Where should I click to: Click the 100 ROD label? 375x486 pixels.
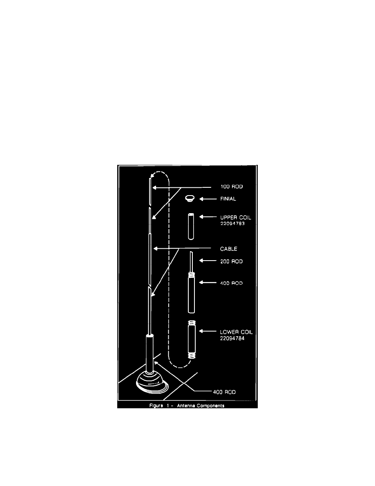pos(232,187)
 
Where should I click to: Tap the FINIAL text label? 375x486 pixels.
pos(228,199)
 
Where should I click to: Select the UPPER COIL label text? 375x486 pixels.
pos(235,218)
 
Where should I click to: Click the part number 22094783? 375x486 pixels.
pos(232,223)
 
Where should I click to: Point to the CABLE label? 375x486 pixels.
pos(229,249)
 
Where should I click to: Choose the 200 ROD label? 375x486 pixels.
pos(232,261)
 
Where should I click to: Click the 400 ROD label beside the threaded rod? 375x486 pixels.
pos(232,283)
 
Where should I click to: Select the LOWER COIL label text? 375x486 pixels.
pos(237,332)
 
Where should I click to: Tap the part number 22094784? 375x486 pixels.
pos(232,338)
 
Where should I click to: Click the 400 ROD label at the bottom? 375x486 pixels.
pos(224,392)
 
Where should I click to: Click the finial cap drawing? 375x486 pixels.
pos(190,198)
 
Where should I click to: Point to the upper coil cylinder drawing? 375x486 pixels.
pos(191,226)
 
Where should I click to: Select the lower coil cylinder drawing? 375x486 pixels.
pos(192,340)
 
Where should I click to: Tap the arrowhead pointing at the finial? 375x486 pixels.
pos(201,199)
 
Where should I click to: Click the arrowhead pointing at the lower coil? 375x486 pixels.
pos(201,331)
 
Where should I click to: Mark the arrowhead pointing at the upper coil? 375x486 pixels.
pos(201,217)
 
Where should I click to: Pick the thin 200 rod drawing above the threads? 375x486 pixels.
pos(191,262)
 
